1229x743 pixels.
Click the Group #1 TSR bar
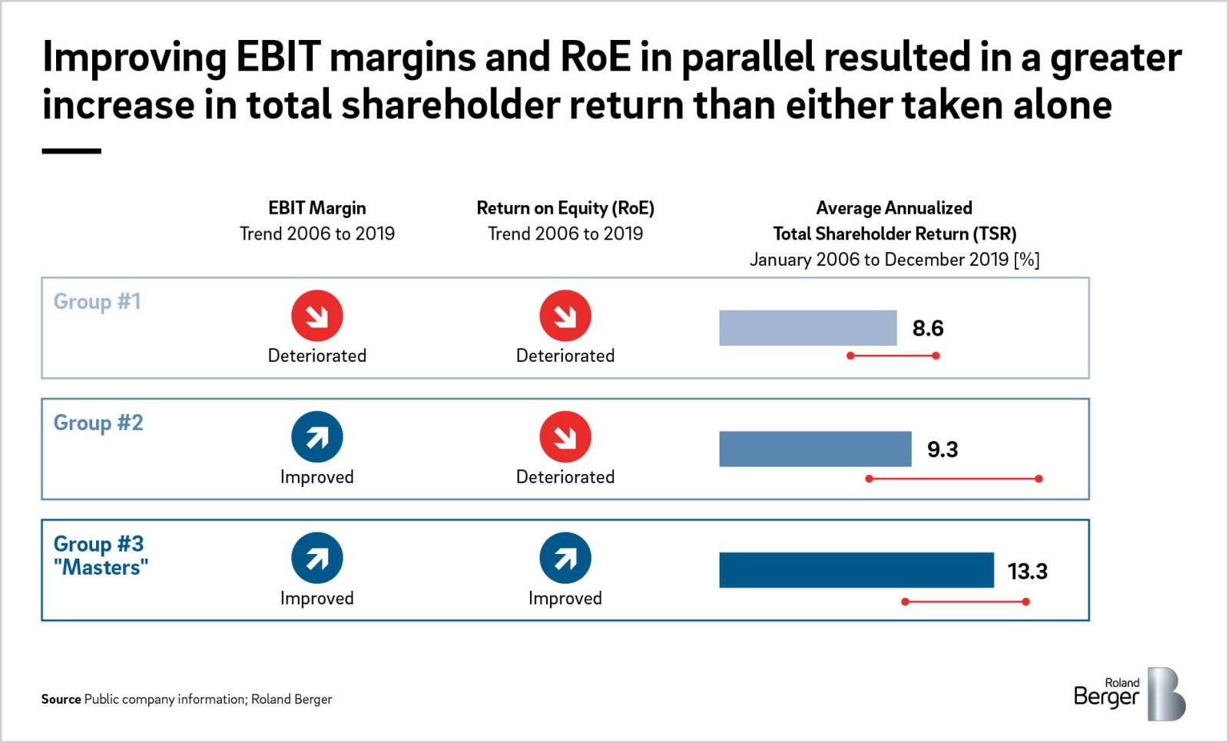coord(807,328)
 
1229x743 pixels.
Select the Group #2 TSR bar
coord(815,449)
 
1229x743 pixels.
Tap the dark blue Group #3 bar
coord(856,570)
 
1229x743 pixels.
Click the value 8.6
coord(927,329)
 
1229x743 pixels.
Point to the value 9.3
coord(942,449)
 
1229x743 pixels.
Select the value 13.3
coord(1027,572)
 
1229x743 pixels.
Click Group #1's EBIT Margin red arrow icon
coord(316,316)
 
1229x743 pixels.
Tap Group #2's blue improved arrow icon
coord(316,437)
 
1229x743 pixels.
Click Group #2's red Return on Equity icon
coord(565,437)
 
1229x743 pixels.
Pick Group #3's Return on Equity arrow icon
coord(565,558)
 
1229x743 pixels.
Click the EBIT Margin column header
coord(316,208)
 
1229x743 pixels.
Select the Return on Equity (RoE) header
coord(565,208)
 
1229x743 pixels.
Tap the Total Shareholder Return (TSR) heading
coord(894,234)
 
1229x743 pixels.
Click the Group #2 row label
coord(98,423)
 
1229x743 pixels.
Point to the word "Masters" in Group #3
coord(101,568)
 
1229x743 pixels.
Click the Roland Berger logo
coord(1129,694)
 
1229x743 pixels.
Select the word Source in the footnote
coord(61,699)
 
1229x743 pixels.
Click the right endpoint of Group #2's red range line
coord(1039,479)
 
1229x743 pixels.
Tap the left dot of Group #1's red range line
coord(850,356)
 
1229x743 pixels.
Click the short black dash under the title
coord(71,151)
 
